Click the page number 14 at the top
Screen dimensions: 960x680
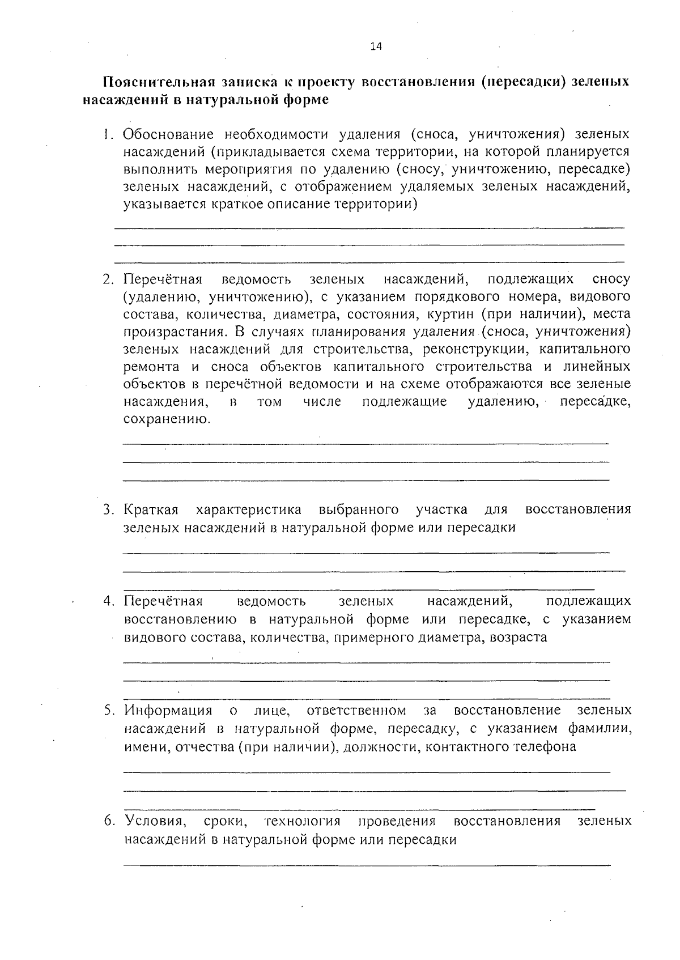point(376,47)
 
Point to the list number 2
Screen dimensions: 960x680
point(108,279)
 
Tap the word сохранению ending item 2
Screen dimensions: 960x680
point(167,420)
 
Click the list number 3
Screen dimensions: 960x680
point(108,509)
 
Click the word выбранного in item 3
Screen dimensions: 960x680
point(358,509)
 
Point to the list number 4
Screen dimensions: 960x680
point(108,601)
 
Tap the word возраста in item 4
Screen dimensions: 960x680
point(518,637)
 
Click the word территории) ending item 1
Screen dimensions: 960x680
point(377,205)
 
